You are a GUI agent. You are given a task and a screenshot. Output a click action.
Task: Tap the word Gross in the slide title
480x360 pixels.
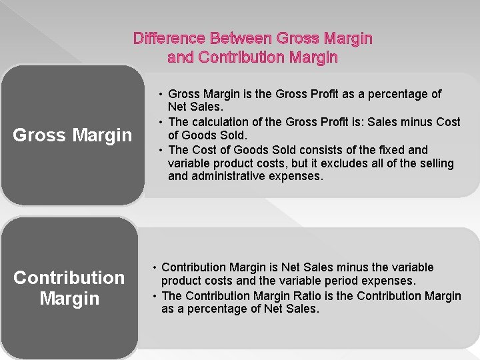(x=295, y=38)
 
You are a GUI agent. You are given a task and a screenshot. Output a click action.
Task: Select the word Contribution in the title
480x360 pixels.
(x=242, y=57)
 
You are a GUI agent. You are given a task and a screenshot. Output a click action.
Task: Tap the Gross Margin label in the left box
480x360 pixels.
(x=73, y=135)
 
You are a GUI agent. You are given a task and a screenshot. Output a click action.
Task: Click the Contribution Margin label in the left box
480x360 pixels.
(x=69, y=287)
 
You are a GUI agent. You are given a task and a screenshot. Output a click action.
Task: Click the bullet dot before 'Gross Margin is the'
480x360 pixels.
(x=162, y=94)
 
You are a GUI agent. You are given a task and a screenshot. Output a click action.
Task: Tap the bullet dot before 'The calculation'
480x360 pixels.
(x=162, y=122)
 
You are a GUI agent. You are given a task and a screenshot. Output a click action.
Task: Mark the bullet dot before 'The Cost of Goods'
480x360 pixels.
(x=162, y=150)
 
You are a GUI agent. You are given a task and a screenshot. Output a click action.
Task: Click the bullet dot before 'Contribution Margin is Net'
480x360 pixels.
(x=155, y=267)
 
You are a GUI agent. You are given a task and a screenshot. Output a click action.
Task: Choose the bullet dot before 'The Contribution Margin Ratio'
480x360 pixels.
(x=155, y=295)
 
